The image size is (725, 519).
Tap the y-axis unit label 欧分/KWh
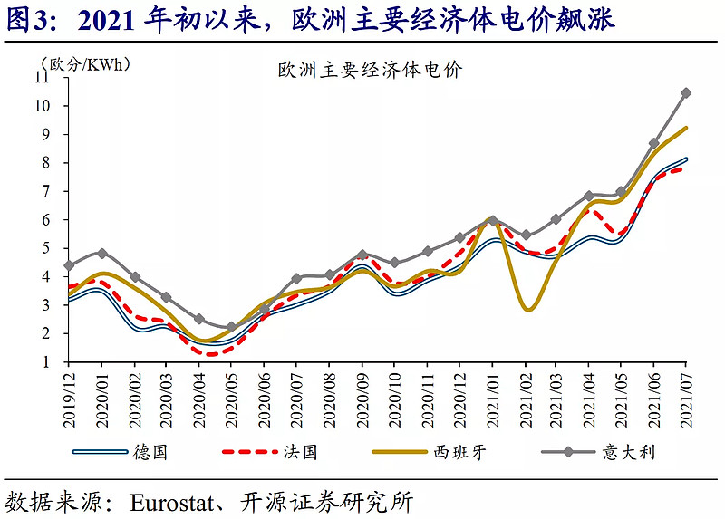[86, 64]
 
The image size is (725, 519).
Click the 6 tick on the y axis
[56, 220]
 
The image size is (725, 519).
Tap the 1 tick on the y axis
[56, 362]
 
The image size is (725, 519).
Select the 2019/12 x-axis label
[69, 396]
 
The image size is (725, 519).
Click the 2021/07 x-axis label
[686, 396]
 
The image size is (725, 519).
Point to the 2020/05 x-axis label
[231, 396]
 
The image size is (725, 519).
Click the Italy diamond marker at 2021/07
[686, 93]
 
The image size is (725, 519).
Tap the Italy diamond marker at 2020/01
[102, 254]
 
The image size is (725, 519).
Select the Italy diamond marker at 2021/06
[653, 143]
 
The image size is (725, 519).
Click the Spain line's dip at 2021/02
[528, 310]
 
